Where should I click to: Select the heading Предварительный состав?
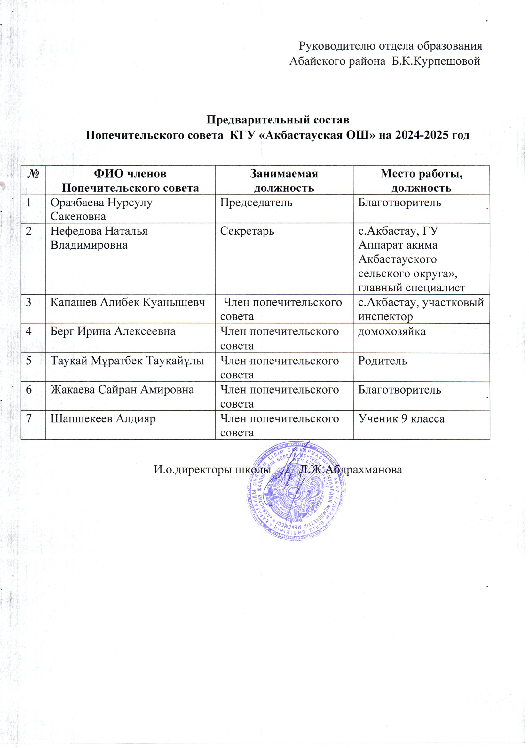(x=278, y=120)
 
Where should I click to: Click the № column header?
(x=33, y=174)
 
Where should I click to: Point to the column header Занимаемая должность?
(x=284, y=180)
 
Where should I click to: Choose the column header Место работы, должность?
(x=421, y=180)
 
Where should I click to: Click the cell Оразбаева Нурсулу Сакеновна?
(x=101, y=209)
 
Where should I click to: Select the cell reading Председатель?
(x=256, y=203)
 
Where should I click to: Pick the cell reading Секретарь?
(x=247, y=231)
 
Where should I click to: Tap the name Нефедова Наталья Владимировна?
(x=99, y=238)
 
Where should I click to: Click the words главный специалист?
(x=411, y=288)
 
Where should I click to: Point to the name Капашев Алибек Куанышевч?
(x=128, y=302)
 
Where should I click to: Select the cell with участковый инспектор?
(x=421, y=309)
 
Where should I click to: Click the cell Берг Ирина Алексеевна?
(x=113, y=331)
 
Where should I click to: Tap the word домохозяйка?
(x=391, y=331)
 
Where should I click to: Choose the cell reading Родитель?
(x=383, y=361)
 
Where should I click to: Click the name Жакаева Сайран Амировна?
(x=122, y=389)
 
